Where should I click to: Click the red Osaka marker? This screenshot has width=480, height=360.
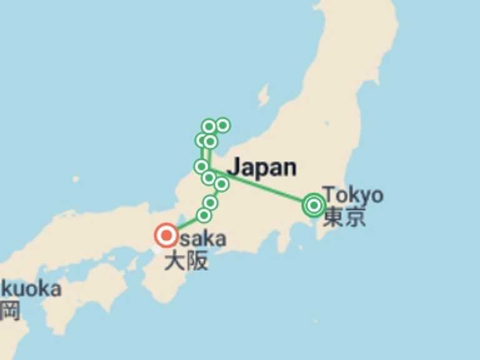[166, 236]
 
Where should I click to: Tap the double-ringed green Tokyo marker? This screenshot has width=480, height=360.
[314, 204]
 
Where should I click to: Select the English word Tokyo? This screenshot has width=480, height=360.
[354, 194]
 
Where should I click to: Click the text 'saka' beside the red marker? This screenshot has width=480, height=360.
[202, 238]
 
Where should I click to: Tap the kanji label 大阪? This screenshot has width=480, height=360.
[186, 261]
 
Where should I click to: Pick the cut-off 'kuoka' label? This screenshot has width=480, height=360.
[31, 289]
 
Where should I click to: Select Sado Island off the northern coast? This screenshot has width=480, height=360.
[263, 96]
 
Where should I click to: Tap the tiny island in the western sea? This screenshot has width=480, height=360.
[76, 179]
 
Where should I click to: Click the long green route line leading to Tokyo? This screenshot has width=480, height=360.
[262, 186]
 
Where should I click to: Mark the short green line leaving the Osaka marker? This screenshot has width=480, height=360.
[186, 224]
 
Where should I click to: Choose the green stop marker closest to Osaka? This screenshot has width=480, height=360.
[204, 216]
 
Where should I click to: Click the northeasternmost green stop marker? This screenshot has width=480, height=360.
[222, 126]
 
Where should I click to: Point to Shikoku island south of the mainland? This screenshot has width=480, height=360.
[94, 288]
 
